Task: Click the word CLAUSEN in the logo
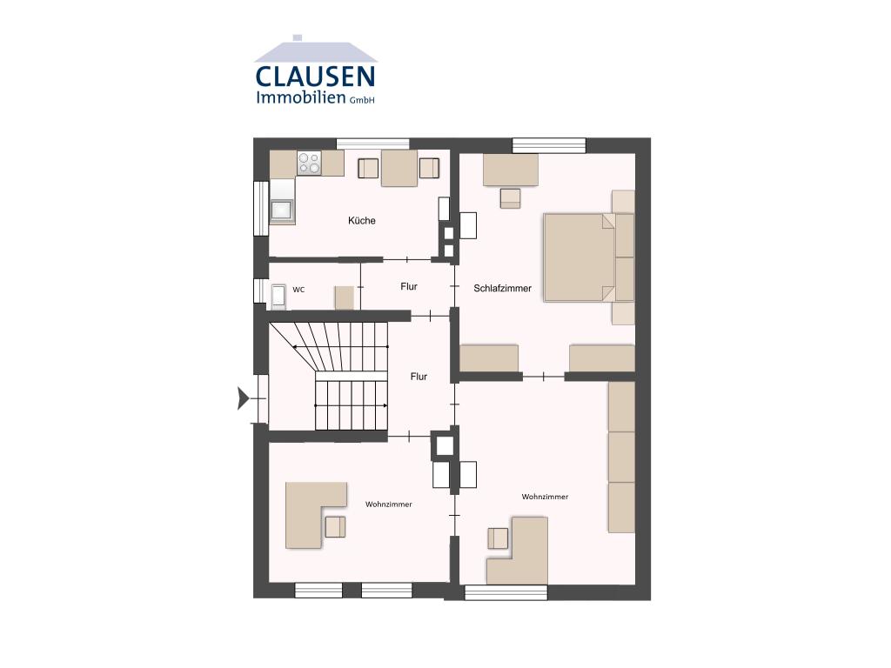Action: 315,77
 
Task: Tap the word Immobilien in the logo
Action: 300,97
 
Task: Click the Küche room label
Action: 362,220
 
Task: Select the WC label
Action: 299,290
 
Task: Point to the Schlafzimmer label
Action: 503,288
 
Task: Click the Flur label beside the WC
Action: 409,286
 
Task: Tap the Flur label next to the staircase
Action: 419,376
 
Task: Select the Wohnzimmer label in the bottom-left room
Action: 389,504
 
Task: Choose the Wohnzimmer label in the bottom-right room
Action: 545,497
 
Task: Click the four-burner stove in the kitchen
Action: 309,163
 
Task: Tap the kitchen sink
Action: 282,210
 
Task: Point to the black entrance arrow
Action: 244,397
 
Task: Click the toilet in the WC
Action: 278,297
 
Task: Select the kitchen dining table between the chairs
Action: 399,168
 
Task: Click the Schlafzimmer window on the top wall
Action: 549,145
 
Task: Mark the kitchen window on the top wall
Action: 372,144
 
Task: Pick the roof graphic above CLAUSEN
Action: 315,50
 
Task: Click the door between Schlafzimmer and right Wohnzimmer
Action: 544,376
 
